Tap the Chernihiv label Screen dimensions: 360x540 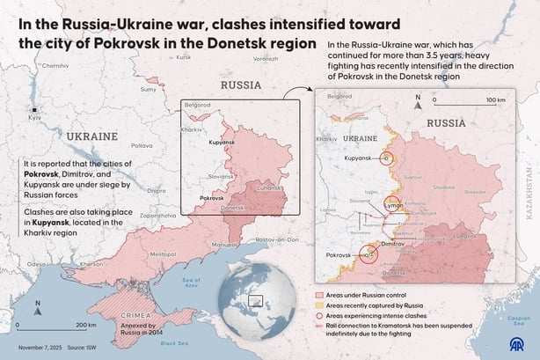(x=55, y=66)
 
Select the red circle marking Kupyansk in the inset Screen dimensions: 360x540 (x=387, y=158)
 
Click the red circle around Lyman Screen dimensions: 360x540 (x=390, y=203)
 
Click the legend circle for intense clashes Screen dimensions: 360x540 (x=318, y=314)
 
